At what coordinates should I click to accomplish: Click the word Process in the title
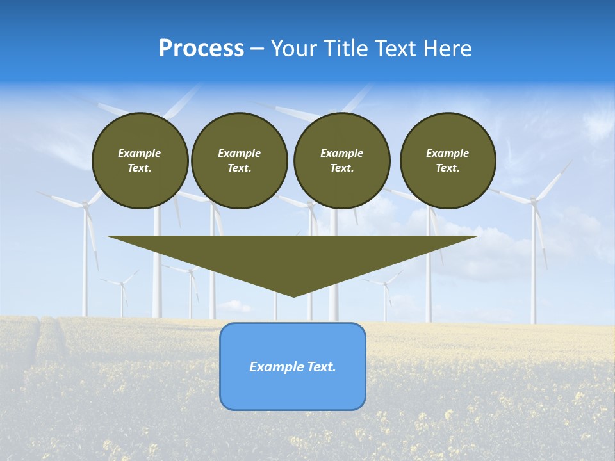(201, 49)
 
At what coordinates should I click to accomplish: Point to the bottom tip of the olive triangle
(293, 296)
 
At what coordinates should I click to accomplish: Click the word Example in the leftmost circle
(140, 153)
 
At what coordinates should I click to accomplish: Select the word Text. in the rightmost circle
(448, 168)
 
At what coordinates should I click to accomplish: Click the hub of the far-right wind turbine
(533, 201)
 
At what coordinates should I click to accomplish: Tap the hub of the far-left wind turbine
(85, 205)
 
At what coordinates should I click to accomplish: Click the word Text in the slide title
(396, 49)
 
